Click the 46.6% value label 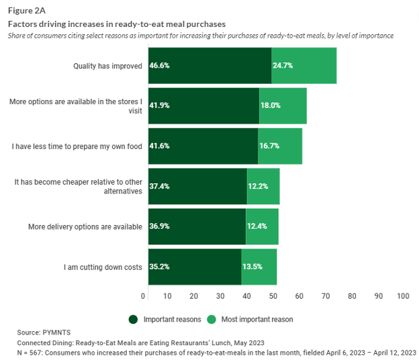[158, 66]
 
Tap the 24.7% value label [283, 66]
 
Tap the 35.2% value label [158, 267]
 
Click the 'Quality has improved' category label [107, 66]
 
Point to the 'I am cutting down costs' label [103, 267]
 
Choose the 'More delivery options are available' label [85, 226]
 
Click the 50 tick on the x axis [273, 296]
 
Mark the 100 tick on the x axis [403, 296]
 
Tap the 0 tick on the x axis [143, 296]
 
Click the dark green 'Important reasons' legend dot [133, 319]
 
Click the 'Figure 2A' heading [26, 10]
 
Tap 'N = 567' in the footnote [32, 352]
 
